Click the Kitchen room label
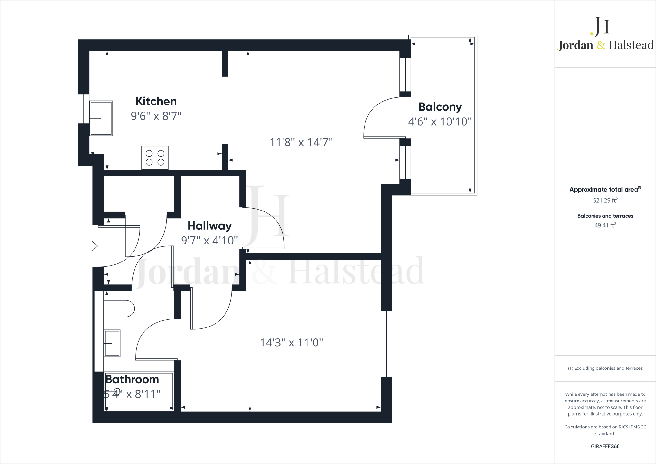point(156,101)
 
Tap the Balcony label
point(440,107)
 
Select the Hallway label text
point(209,226)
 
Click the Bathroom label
point(132,379)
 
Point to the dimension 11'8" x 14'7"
point(301,142)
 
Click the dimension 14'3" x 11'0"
point(291,343)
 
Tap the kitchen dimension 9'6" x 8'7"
point(156,116)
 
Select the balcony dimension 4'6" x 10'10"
point(439,122)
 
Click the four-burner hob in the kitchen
point(155,158)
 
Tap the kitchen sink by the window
point(101,118)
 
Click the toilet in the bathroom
point(119,309)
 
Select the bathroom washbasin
point(112,343)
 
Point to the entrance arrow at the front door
point(93,246)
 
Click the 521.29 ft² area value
point(605,201)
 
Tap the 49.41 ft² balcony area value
point(605,225)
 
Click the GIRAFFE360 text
point(605,446)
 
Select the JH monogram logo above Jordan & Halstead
point(600,26)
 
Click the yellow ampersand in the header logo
point(601,45)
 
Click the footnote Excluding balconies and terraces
point(605,368)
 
